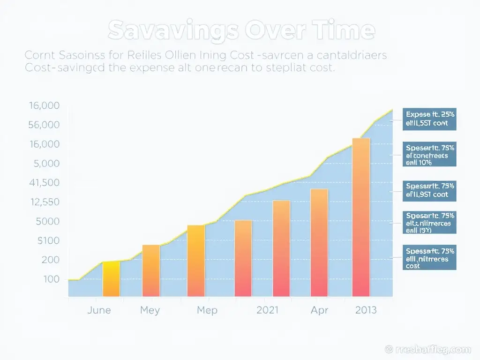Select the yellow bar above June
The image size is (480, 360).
(112, 279)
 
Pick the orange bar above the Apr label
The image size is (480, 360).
(319, 242)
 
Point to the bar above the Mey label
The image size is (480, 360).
(151, 270)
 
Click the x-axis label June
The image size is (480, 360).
(99, 310)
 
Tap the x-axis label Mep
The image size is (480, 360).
(207, 310)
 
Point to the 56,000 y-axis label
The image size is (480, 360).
(44, 125)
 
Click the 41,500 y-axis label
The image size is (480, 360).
(44, 183)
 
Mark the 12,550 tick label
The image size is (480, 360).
(44, 202)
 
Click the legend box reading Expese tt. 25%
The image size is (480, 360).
(430, 119)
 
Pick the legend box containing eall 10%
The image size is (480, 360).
(430, 155)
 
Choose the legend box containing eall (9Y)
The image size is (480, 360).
(430, 223)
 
